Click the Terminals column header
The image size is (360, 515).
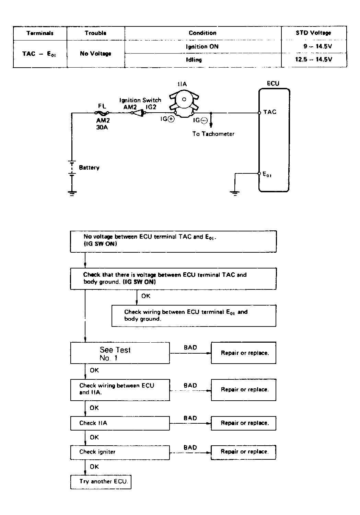coord(40,33)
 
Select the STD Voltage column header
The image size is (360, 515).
coord(313,33)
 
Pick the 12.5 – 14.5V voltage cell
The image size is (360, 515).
coord(313,59)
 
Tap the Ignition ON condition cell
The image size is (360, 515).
coord(202,47)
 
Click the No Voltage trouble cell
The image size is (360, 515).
coord(95,54)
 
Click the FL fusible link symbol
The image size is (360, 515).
coord(102,113)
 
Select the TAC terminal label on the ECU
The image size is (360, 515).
coord(270,112)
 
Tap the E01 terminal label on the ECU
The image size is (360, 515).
coord(267,174)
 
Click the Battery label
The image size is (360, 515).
coord(89,168)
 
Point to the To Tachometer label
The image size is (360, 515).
coord(213,134)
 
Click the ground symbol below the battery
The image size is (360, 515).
coord(72,193)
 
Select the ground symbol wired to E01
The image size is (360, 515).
coord(235,193)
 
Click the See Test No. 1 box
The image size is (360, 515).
coord(120,353)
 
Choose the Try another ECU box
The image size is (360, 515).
coord(101,482)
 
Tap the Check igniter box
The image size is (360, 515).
coord(120,453)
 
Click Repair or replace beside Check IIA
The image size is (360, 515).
coord(244,423)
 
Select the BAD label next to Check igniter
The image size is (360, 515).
coord(190,447)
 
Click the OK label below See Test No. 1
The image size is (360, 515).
coord(94,370)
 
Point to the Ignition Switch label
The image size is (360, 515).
coord(140,100)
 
